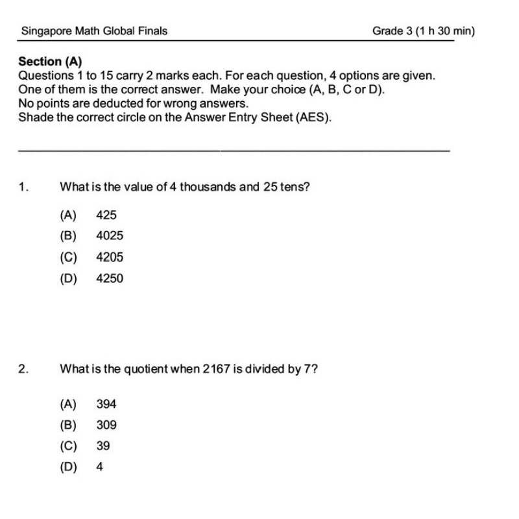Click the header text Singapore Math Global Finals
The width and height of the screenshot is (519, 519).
click(94, 30)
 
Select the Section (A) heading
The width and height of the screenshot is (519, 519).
click(51, 62)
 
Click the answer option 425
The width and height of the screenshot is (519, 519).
click(106, 215)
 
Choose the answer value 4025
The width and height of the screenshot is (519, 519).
click(110, 236)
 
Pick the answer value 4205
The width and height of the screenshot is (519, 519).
click(110, 258)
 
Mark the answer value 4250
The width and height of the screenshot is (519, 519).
click(110, 279)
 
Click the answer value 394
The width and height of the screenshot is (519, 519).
click(106, 404)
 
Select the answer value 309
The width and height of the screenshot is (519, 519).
click(106, 425)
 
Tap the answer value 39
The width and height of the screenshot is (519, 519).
click(103, 446)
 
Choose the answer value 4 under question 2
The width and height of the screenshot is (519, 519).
click(99, 466)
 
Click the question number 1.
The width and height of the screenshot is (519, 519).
click(23, 187)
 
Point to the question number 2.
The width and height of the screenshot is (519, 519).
click(23, 369)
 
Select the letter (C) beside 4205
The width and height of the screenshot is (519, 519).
click(68, 258)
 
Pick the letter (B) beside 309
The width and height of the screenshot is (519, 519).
click(68, 425)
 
